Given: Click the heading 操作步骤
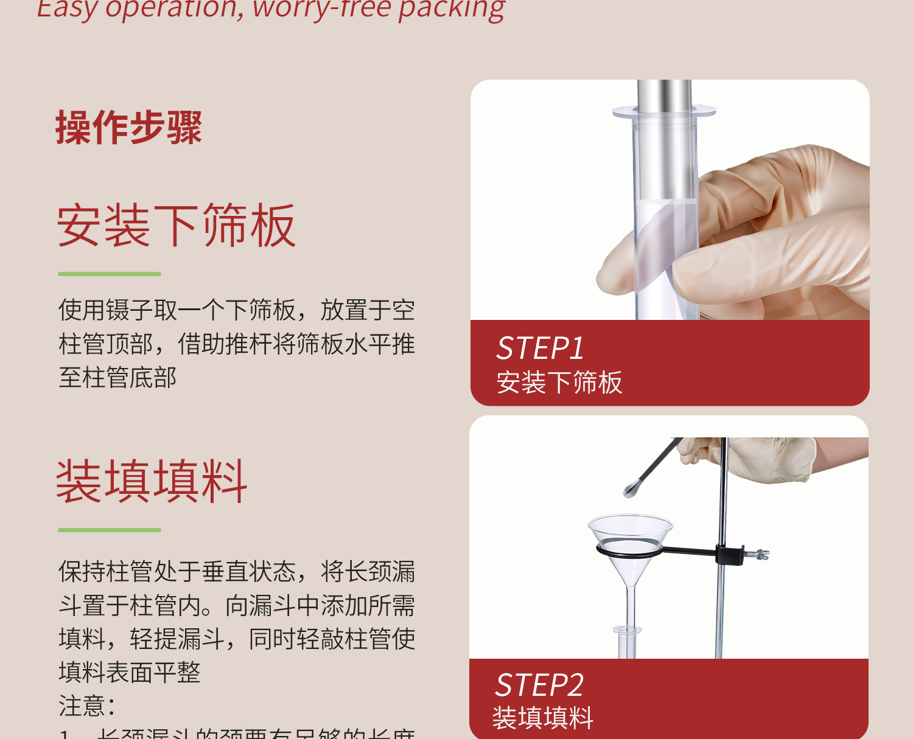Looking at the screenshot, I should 128,128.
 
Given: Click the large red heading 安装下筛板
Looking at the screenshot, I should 177,226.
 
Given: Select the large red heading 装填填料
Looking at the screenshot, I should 152,481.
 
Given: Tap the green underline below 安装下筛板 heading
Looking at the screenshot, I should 110,274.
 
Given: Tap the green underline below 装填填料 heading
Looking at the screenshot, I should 110,530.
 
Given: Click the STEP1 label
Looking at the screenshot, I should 540,349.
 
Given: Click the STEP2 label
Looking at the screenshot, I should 539,685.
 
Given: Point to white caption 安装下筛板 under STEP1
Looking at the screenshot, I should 559,383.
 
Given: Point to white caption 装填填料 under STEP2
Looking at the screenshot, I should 543,718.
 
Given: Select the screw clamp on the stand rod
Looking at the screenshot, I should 755,554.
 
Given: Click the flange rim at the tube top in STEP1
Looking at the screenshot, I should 664,112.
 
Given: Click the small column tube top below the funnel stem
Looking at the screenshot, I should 628,631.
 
